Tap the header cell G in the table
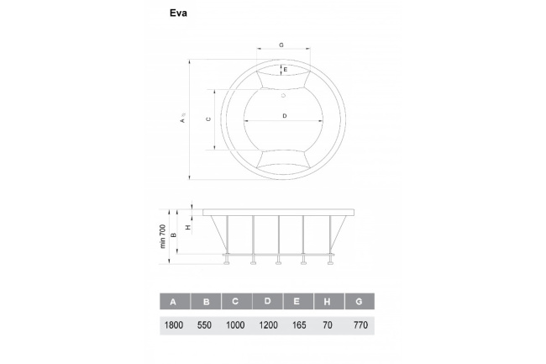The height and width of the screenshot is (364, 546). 359,302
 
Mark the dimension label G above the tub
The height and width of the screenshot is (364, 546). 281,44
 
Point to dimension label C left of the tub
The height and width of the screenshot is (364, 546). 208,119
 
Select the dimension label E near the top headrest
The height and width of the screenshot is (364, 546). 286,70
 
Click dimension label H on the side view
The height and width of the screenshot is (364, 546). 188,226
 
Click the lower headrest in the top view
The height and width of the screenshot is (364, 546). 284,159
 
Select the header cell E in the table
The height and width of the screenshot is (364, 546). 298,302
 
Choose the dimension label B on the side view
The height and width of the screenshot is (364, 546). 174,236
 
